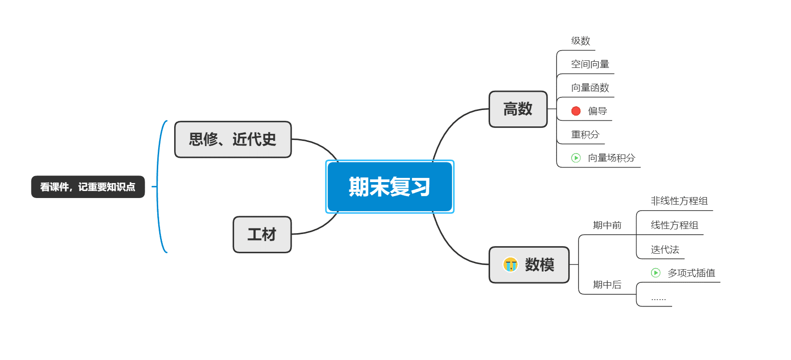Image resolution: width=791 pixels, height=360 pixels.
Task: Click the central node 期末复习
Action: click(x=389, y=187)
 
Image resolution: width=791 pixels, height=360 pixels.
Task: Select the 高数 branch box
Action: click(x=518, y=109)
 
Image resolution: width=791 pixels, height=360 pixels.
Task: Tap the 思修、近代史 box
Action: click(x=233, y=140)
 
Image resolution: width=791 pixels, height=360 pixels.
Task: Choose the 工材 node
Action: click(x=262, y=235)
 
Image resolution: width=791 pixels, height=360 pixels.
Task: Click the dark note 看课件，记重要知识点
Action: click(x=88, y=187)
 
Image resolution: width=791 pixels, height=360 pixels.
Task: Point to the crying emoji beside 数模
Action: click(x=510, y=264)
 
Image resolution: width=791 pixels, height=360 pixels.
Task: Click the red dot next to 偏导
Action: click(x=576, y=111)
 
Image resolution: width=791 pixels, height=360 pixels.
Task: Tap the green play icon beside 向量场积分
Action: click(x=576, y=158)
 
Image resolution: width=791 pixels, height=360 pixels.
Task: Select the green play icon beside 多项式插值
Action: click(x=656, y=273)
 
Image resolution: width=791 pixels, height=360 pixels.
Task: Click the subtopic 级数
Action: click(x=580, y=41)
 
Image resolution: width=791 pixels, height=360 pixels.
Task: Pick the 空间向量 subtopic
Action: click(x=590, y=64)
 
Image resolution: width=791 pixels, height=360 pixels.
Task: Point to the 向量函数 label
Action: click(x=590, y=88)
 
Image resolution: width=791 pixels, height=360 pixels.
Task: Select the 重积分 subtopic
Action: click(x=585, y=134)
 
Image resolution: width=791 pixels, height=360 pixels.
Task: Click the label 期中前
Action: click(x=607, y=225)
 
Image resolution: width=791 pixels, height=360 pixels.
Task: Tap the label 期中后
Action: click(x=607, y=285)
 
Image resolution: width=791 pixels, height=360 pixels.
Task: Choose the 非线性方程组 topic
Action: click(x=679, y=201)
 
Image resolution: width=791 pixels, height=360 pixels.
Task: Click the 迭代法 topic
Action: click(x=665, y=250)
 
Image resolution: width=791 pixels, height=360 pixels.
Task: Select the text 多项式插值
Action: click(x=691, y=273)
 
